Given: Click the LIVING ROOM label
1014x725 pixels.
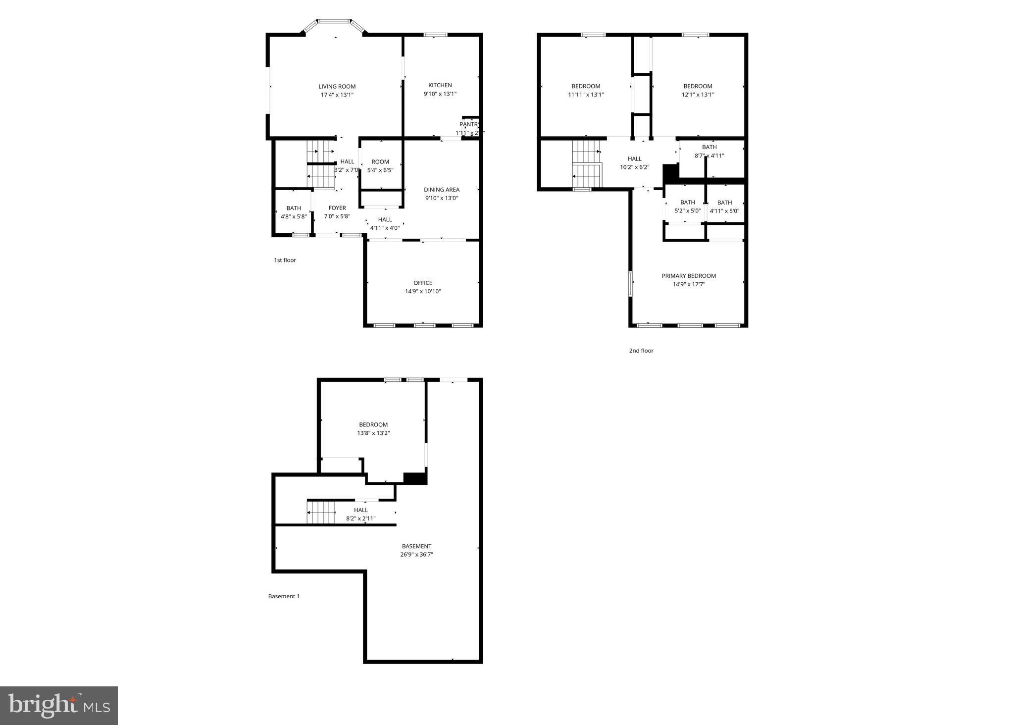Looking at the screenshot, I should (x=337, y=86).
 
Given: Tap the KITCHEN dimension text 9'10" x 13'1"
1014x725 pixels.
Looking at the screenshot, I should (x=440, y=94).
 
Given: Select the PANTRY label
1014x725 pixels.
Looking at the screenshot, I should (x=468, y=124).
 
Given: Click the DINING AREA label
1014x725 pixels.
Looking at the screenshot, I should (x=441, y=190).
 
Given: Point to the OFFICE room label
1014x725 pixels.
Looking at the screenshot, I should (x=422, y=283).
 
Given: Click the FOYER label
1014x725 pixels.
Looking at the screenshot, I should (x=337, y=208).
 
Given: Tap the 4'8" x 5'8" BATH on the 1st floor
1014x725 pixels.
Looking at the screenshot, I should (x=294, y=212).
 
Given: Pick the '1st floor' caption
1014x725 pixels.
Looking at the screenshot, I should (x=285, y=260).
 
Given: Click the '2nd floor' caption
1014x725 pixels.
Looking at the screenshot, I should (x=641, y=351).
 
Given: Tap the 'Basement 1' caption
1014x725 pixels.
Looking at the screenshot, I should (x=284, y=596).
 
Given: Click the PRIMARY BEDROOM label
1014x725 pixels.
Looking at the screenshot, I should (x=688, y=276).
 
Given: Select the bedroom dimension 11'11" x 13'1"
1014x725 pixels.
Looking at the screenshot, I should (x=586, y=95).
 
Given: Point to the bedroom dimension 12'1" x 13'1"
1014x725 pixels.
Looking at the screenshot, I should (x=698, y=95).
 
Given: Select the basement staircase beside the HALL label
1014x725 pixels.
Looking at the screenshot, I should (x=321, y=512).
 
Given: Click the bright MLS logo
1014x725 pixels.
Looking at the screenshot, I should (x=58, y=705).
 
